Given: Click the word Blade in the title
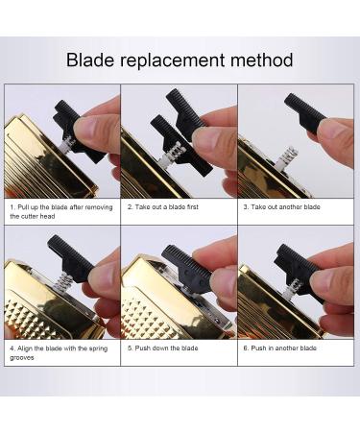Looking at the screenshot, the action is [90, 60].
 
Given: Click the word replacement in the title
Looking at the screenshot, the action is [173, 60].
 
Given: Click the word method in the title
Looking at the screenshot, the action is [262, 60].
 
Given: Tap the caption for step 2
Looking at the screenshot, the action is [163, 207].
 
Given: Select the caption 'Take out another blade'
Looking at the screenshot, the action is [281, 207].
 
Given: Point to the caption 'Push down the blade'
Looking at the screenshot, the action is [163, 348].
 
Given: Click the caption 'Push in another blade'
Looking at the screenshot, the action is [279, 348].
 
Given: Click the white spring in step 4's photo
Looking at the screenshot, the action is [64, 282].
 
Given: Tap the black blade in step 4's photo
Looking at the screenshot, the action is [70, 256].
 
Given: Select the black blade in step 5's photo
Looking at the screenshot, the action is [187, 268].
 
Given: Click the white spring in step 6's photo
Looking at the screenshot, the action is [293, 286].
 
